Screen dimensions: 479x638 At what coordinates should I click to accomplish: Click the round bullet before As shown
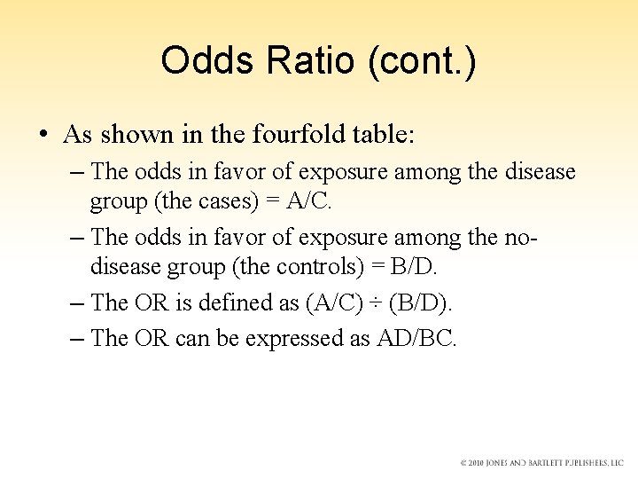click(43, 136)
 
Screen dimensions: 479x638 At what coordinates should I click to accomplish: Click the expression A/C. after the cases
click(309, 200)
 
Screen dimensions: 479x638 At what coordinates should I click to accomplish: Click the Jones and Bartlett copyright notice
click(541, 463)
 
